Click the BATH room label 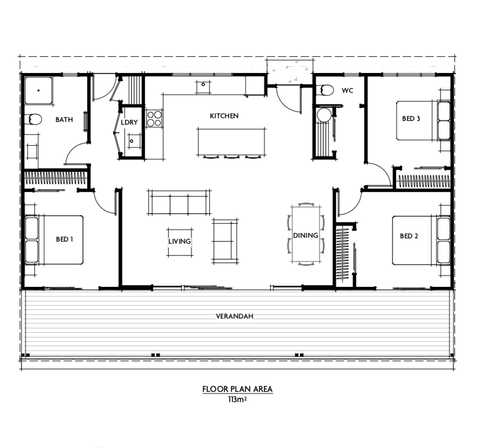pos(64,120)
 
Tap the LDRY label pos(129,122)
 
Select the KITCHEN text pos(224,116)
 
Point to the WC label pos(347,90)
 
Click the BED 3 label pos(411,119)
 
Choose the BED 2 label pos(409,236)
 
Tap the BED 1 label pos(64,239)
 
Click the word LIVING pos(180,241)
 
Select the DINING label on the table pos(306,235)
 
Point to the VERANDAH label pos(235,316)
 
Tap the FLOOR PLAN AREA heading pos(237,389)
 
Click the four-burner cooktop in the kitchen pos(154,119)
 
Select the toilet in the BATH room pos(33,119)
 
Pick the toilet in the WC pos(325,90)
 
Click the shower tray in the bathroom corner pos(38,90)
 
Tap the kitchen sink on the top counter pos(203,87)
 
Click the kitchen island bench pos(231,142)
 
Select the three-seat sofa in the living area pos(179,202)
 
